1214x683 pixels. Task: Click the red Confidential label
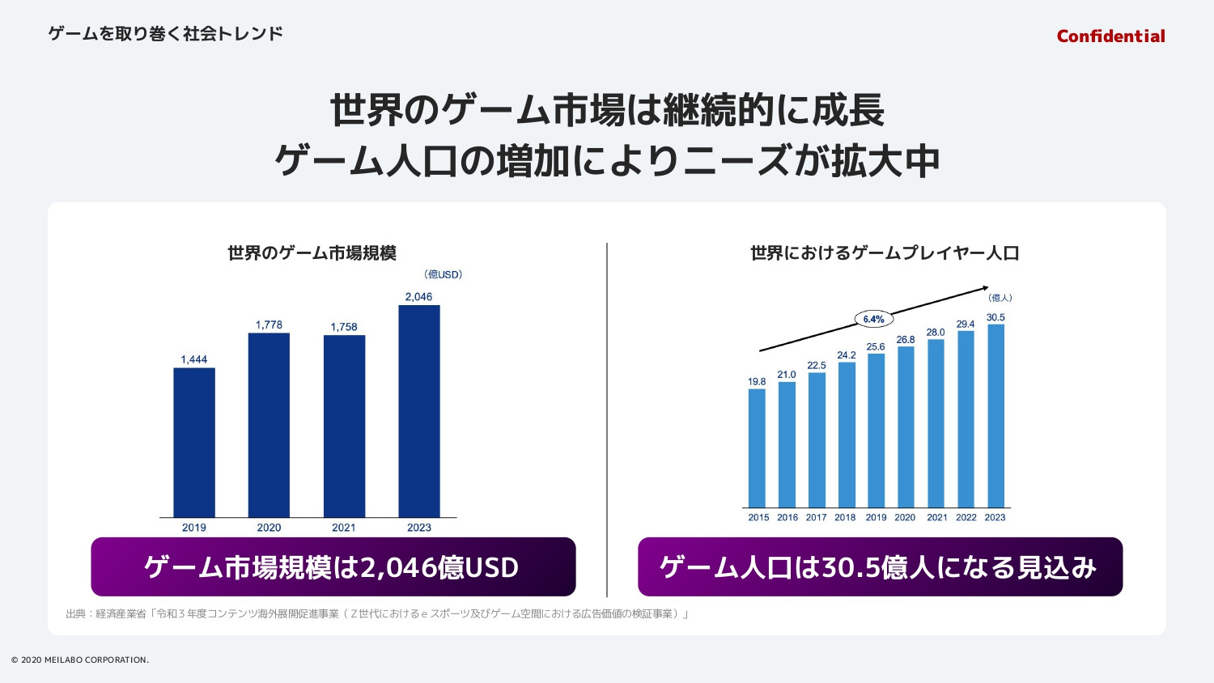coord(1110,36)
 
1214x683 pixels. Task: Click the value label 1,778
coord(269,325)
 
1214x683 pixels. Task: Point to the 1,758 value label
coord(344,327)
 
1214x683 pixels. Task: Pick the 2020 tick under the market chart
coord(269,528)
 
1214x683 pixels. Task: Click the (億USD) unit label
coord(444,274)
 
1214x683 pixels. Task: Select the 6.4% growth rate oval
coord(873,319)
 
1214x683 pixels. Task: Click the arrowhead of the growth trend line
coord(985,287)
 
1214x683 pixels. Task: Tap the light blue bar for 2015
coord(757,448)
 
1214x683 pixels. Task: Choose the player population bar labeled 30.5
coord(995,416)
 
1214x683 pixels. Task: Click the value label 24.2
coord(847,355)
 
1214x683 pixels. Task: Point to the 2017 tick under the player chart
coord(816,517)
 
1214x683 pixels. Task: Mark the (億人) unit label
coord(1000,298)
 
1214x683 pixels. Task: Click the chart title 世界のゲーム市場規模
coord(312,253)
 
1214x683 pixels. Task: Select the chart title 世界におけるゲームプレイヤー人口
coord(885,253)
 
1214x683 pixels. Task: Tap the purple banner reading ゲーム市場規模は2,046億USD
coord(333,566)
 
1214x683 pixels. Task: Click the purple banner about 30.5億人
coord(880,566)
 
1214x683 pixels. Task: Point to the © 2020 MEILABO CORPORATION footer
coord(80,660)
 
